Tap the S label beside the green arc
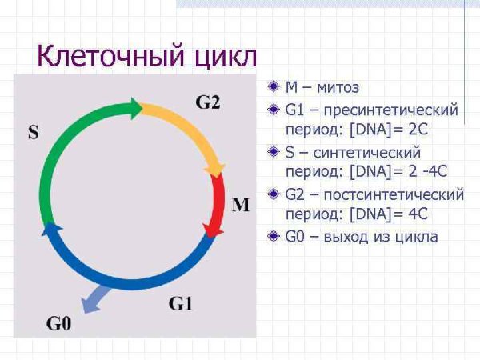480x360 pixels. pyautogui.click(x=33, y=132)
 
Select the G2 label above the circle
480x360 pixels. pyautogui.click(x=208, y=102)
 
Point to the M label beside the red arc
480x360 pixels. pyautogui.click(x=240, y=205)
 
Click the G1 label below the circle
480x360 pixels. pyautogui.click(x=181, y=303)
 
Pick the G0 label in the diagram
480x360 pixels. pyautogui.click(x=58, y=323)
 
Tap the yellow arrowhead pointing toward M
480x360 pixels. pyautogui.click(x=214, y=170)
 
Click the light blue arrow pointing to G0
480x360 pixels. pyautogui.click(x=93, y=301)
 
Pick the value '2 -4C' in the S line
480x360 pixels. pyautogui.click(x=423, y=170)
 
